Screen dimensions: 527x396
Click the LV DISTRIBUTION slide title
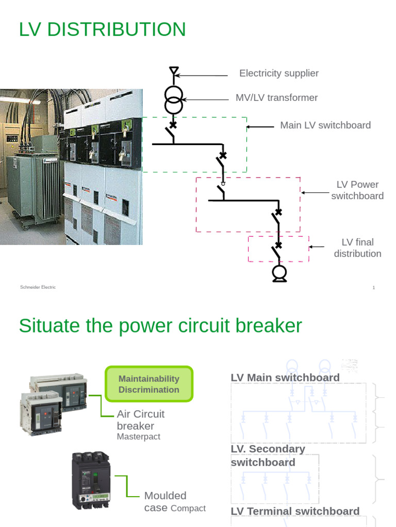coord(102,29)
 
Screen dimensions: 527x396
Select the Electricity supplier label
coord(278,74)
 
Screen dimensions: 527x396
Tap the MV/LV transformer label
coord(276,98)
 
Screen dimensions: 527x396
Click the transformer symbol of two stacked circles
coord(174,100)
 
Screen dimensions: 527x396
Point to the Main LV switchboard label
coord(325,126)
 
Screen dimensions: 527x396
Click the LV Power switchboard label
coord(357,190)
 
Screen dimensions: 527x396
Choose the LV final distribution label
coord(357,248)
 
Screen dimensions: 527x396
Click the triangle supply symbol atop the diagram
coord(174,71)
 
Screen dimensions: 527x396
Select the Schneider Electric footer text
coord(38,287)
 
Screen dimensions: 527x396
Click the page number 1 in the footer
coord(373,288)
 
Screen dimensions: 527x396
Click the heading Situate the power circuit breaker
coord(160,326)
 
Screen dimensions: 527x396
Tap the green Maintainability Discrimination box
coord(148,384)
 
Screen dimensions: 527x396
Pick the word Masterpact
coord(138,436)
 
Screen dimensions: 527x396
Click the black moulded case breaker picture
coord(91,480)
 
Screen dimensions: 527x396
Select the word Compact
coord(188,508)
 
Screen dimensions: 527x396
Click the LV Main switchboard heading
coord(285,378)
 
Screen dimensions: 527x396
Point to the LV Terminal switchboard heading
coord(295,511)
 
